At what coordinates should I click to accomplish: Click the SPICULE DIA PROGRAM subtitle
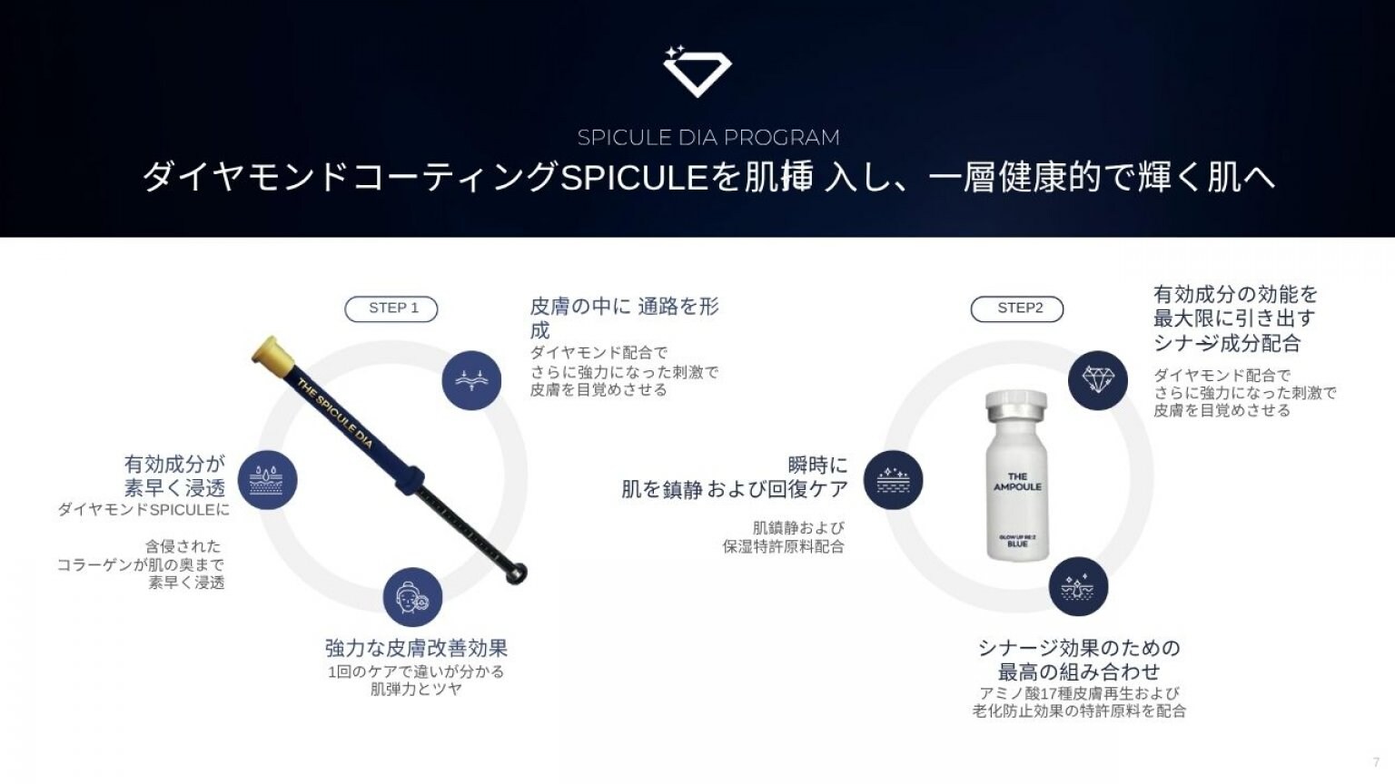tap(708, 138)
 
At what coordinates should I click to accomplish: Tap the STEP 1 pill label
tap(391, 309)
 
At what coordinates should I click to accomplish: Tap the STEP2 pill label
tap(1017, 309)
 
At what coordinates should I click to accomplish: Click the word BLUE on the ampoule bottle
tap(1017, 544)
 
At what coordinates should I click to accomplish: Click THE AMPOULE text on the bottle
tap(1017, 482)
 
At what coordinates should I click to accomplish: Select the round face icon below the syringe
tap(412, 597)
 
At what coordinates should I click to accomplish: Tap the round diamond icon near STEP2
tap(1098, 379)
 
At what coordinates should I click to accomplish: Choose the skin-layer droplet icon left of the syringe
tap(267, 479)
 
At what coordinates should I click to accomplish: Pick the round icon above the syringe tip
tap(471, 379)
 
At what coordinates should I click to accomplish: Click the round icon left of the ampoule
tap(893, 479)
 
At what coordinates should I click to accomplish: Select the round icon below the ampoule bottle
tap(1078, 586)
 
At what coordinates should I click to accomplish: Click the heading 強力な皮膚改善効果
tap(416, 648)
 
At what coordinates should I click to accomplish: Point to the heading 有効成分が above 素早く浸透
tap(174, 464)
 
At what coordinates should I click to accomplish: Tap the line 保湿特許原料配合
tap(783, 546)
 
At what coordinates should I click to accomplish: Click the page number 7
tap(1376, 762)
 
